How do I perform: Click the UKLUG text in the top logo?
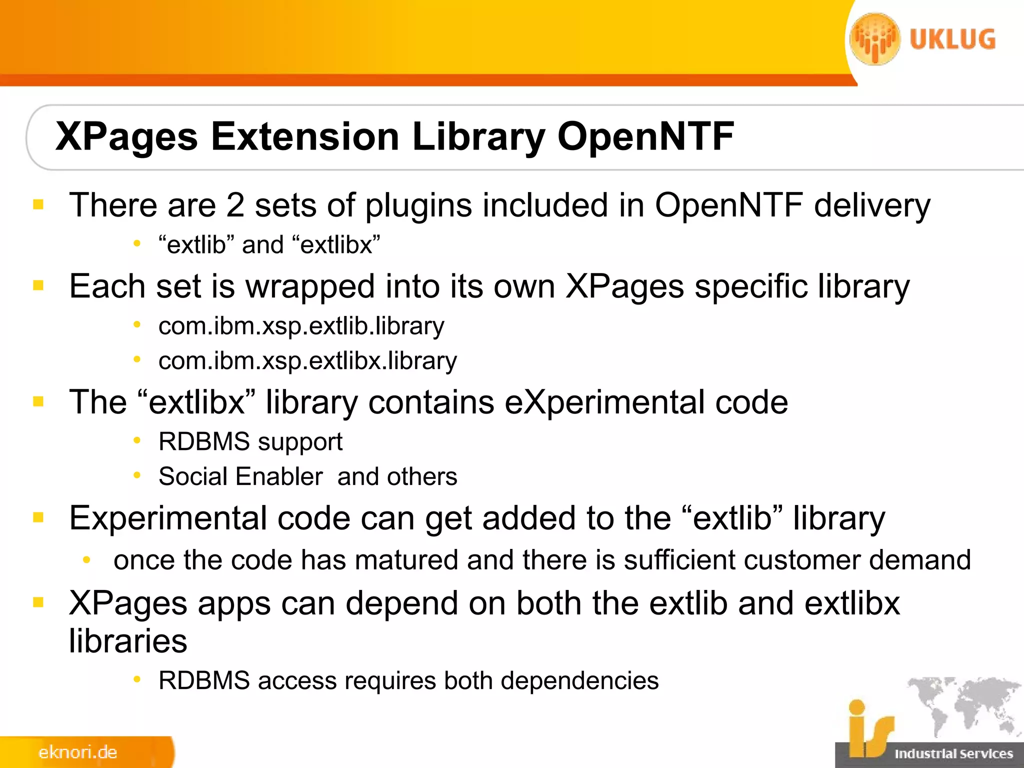coord(952,39)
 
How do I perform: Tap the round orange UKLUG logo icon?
coord(874,39)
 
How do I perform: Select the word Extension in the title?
coord(304,136)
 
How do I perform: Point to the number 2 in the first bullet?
coord(235,205)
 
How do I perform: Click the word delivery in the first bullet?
coord(872,206)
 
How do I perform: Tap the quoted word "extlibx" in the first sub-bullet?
coord(335,245)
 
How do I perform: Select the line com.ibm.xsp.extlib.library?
coord(301,326)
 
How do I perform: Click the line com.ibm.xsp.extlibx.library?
coord(307,361)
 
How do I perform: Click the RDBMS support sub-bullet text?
coord(250,442)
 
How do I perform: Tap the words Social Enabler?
coord(240,476)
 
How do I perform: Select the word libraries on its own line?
coord(128,641)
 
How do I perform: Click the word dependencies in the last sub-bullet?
coord(579,681)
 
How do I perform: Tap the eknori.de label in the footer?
coord(77,752)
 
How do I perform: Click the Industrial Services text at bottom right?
coord(953,753)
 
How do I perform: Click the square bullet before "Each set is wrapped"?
coord(38,285)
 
